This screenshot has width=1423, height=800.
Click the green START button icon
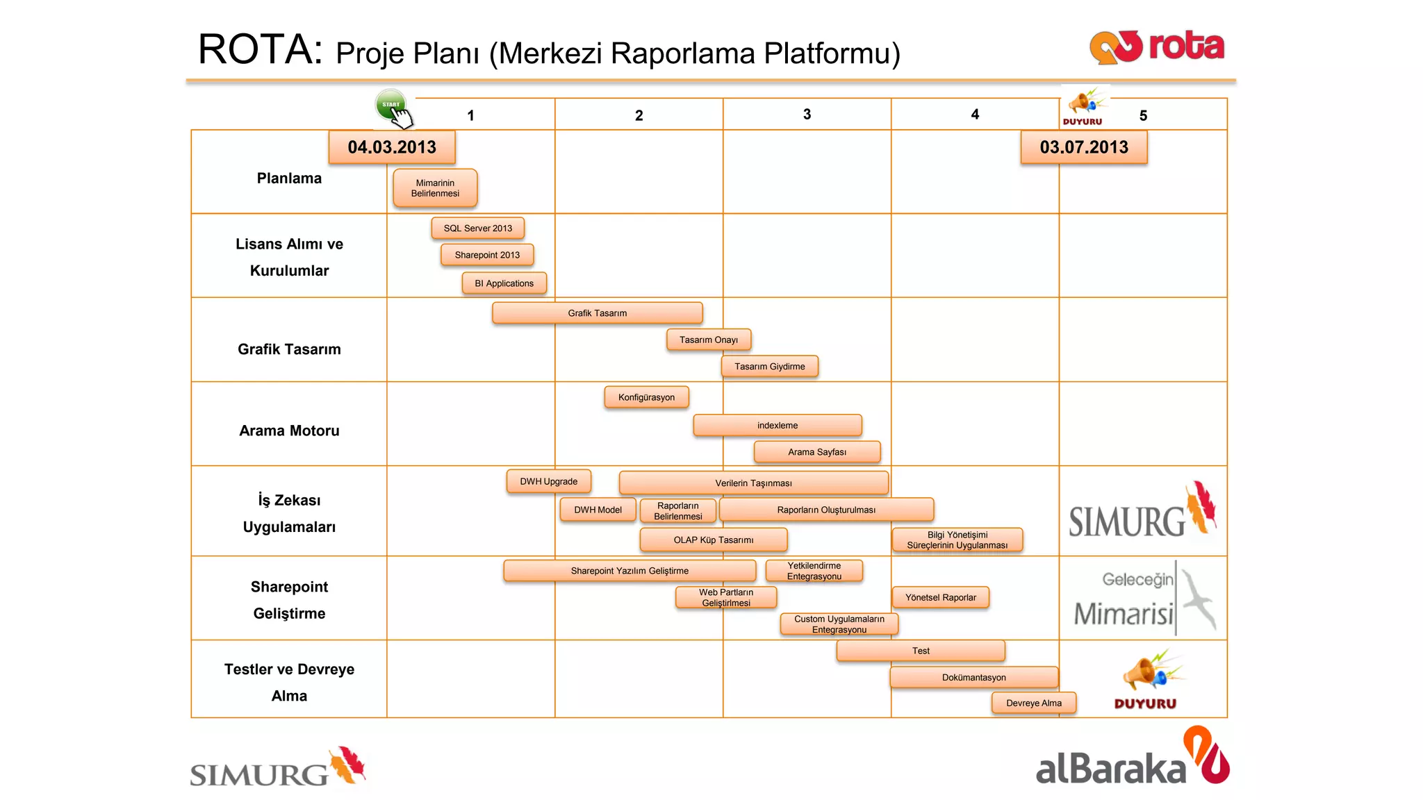pos(391,105)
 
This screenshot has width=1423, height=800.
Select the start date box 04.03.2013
pos(392,147)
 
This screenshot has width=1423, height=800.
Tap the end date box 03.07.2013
pos(1084,147)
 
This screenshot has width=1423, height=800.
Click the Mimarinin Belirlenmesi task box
pos(435,188)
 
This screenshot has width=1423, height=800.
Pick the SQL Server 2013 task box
pos(478,228)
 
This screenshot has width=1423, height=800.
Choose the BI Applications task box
pos(504,283)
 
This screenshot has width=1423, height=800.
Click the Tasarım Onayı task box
pos(709,340)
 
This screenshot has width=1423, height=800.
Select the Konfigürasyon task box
pos(646,397)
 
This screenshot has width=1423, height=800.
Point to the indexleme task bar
pos(778,425)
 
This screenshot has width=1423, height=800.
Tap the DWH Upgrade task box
pos(549,481)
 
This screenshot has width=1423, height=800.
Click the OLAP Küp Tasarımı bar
pos(714,540)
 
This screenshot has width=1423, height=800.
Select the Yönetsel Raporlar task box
pos(941,597)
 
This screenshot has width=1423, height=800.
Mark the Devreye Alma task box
pos(1034,703)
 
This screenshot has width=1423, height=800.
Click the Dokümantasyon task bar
pos(974,677)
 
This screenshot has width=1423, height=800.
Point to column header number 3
pos(807,115)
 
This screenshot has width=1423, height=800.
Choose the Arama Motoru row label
pos(289,431)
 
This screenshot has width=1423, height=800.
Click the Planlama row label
pos(289,178)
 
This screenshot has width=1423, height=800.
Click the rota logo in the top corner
pos(1157,47)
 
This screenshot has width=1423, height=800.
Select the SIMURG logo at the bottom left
pos(277,767)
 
